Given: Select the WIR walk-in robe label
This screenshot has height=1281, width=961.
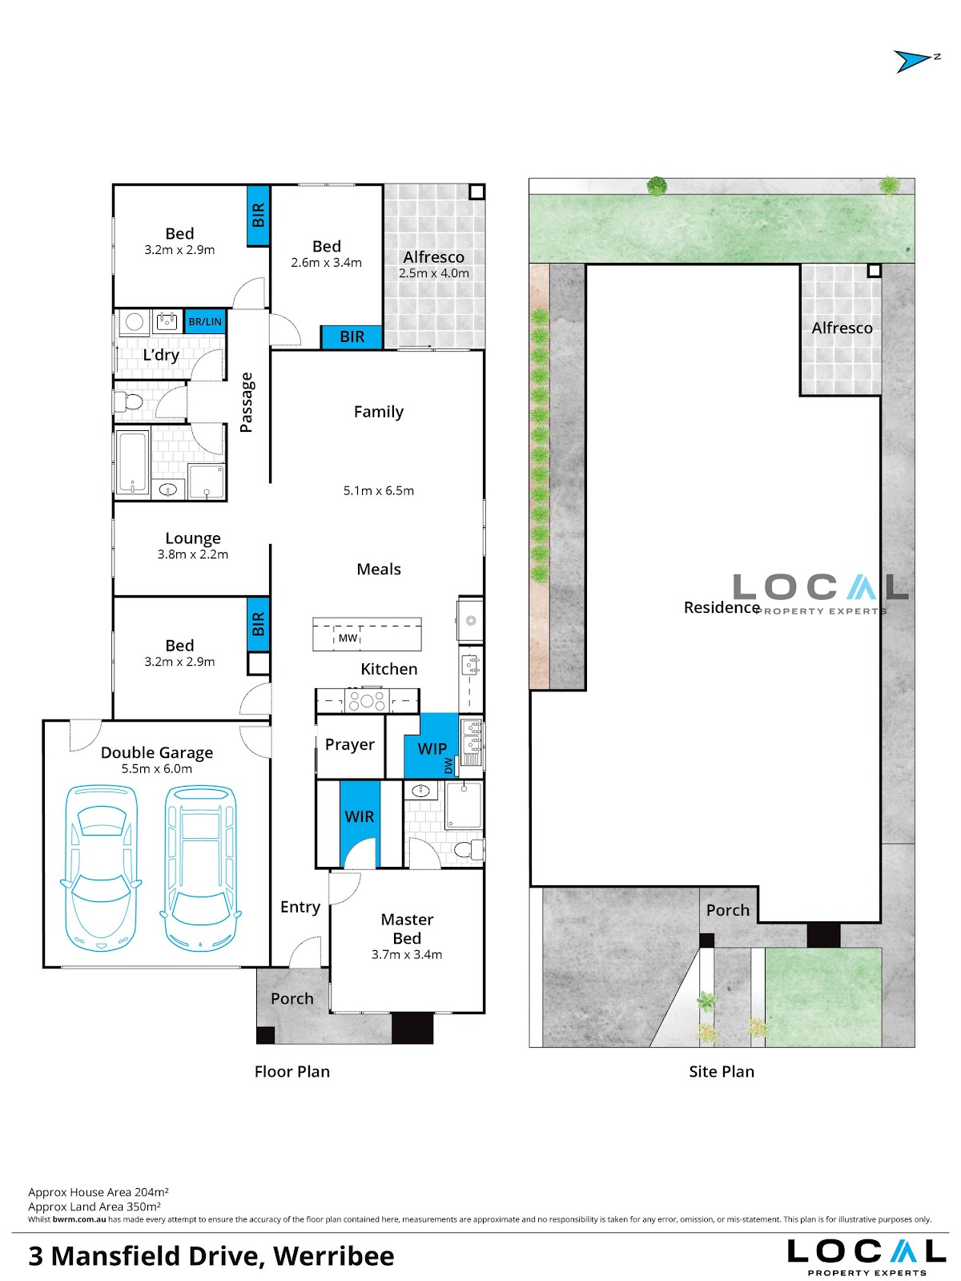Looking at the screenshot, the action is coord(360,816).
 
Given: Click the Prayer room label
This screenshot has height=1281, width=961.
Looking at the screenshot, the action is coord(350,744).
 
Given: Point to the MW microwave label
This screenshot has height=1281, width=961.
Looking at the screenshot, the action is coord(348,638).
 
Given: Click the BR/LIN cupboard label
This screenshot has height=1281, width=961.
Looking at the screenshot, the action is coord(205,321).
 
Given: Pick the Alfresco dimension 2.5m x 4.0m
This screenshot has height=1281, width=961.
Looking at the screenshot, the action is coord(434,272).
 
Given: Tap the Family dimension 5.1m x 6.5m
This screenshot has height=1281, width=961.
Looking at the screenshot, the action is coord(379,490).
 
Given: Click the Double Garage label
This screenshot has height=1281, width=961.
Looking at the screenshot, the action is coord(157,752).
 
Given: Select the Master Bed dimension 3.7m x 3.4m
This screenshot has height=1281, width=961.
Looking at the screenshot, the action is coord(407,954).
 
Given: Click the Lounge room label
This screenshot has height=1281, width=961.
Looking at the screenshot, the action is coord(193,538).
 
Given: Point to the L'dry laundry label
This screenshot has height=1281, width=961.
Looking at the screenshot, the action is coord(161,355).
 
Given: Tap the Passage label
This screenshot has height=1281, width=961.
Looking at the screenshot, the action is coord(247,402).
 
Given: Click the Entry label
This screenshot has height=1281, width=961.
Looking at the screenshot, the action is coord(300,907).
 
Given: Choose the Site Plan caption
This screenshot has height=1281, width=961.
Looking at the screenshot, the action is coord(722,1071).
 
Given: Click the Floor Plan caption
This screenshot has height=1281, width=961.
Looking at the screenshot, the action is coord(292,1071).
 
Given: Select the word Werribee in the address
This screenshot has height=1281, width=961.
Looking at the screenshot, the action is coord(334,1256).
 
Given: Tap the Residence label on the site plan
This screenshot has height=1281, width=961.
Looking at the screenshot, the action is coord(722,607).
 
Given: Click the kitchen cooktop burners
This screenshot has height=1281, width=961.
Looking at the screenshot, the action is coord(367,700).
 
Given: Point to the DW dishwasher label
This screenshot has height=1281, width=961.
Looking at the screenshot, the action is coord(448,765).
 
